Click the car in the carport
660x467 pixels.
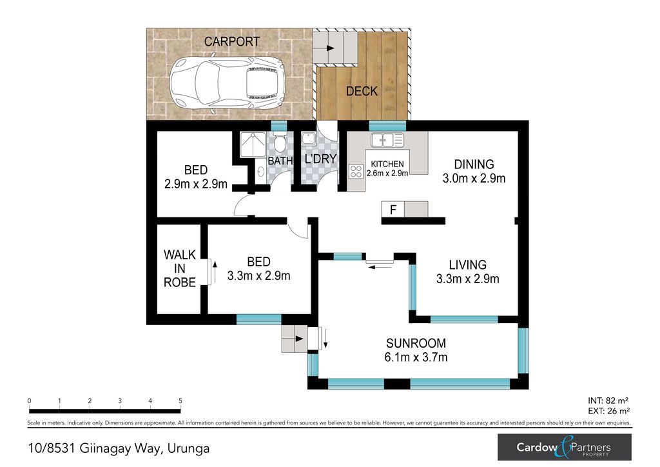tap(226, 83)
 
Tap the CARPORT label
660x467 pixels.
tap(232, 42)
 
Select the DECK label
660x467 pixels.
tap(362, 91)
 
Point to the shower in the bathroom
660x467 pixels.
tap(253, 145)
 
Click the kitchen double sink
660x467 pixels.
tap(387, 140)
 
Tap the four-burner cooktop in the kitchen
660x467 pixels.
tap(356, 172)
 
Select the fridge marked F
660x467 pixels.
tap(393, 209)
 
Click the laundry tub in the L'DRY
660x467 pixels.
tap(309, 139)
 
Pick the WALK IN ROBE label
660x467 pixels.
tap(180, 268)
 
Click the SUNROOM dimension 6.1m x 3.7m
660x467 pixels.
tap(416, 357)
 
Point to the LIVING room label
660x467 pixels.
tap(468, 265)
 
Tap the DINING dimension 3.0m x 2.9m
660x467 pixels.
tap(474, 179)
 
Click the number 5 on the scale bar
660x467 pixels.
tap(180, 401)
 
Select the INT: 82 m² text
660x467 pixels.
tap(608, 401)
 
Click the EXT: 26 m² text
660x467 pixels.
tap(608, 411)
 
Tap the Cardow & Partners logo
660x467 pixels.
tap(565, 447)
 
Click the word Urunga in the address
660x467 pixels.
tap(188, 449)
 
